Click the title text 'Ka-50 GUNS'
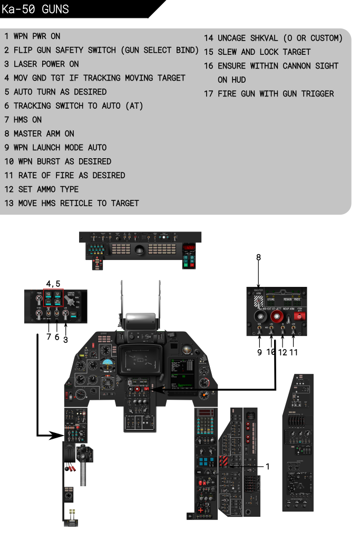click(35, 9)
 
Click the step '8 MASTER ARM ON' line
click(39, 133)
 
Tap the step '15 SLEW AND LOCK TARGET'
click(257, 52)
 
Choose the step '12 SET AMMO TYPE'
click(42, 189)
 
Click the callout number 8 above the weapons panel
click(259, 257)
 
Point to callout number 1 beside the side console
click(268, 466)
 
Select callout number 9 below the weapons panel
click(260, 352)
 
